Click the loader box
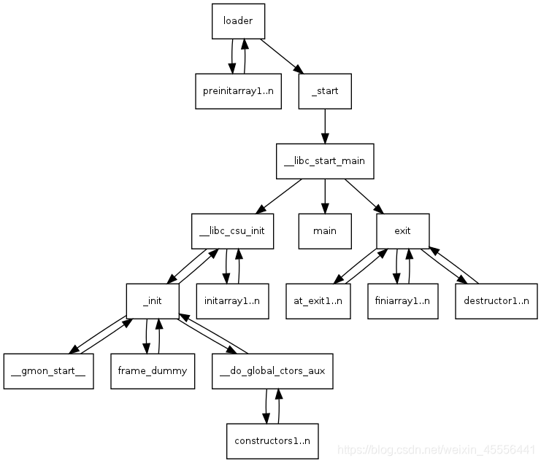coord(238,21)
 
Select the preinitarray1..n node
coord(238,91)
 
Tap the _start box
coord(325,91)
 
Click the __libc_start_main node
coord(325,160)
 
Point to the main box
coord(325,230)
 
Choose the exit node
coord(402,230)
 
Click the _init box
coord(152,300)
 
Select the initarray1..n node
coord(231,300)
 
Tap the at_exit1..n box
coord(318,300)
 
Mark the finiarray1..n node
coord(402,300)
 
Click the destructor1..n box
coord(496,300)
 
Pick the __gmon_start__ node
coord(48,370)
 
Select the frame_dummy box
coord(152,370)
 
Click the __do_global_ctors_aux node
coord(272,370)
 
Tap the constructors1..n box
coord(272,440)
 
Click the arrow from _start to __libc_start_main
coord(325,125)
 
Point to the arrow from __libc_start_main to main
coord(325,195)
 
